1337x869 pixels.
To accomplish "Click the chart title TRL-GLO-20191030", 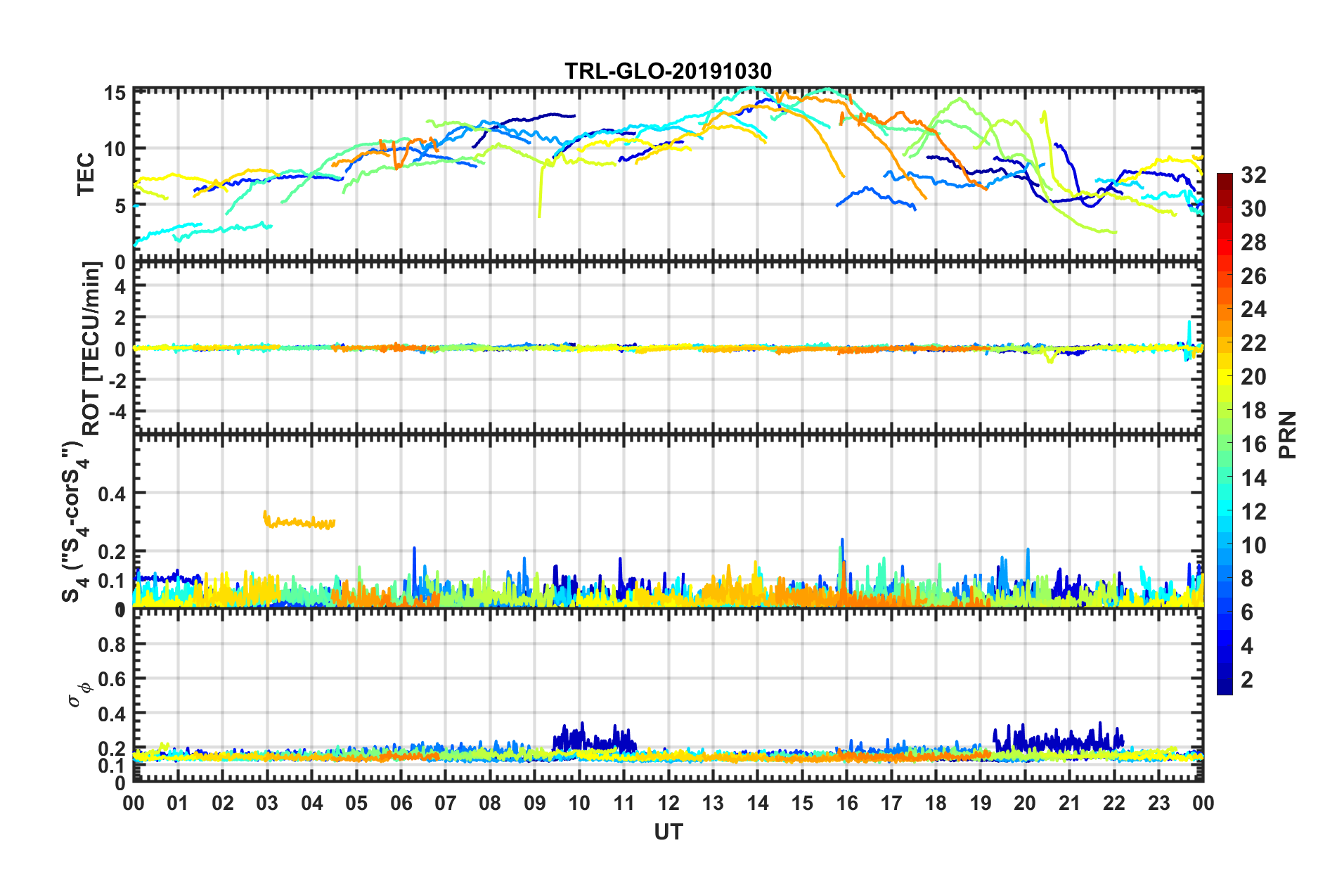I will click(668, 71).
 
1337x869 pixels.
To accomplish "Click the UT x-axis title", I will click(668, 832).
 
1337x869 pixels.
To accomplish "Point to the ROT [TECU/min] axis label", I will click(91, 349).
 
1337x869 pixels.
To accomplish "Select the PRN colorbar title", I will click(1288, 434).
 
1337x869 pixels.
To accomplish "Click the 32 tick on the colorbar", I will click(1253, 175).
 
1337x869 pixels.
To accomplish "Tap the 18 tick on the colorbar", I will click(1253, 411).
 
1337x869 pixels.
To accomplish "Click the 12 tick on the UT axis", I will click(668, 803).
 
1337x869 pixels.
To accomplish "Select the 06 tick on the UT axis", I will click(401, 803).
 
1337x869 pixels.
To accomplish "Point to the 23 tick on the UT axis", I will click(1158, 803).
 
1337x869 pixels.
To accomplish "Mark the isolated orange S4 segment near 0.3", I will click(299, 522).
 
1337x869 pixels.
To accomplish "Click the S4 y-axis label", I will click(73, 520).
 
